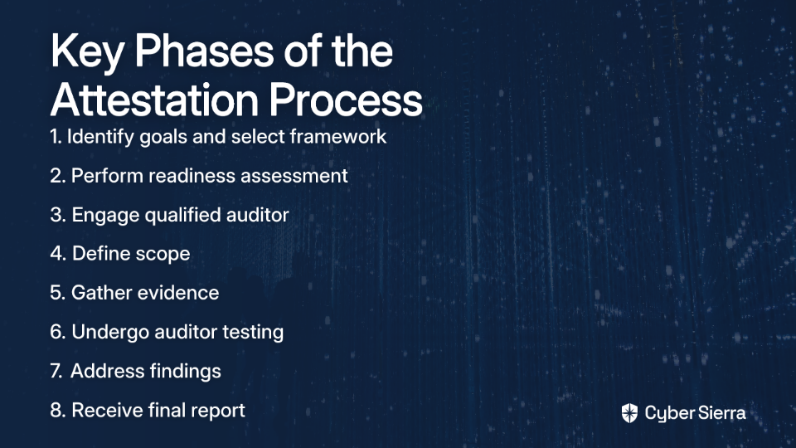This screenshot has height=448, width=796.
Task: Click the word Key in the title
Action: tap(87, 51)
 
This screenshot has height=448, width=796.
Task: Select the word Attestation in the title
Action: tap(154, 100)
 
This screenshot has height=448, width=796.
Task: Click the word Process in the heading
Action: tap(346, 100)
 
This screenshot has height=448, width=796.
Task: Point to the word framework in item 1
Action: tap(338, 136)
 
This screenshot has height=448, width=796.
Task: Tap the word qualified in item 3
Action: tap(182, 215)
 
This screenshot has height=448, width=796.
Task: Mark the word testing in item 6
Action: tap(253, 332)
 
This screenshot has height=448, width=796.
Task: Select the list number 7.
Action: tap(56, 372)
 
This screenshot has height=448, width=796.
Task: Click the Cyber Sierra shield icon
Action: tap(629, 413)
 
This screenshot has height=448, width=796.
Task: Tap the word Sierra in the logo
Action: tap(720, 413)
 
